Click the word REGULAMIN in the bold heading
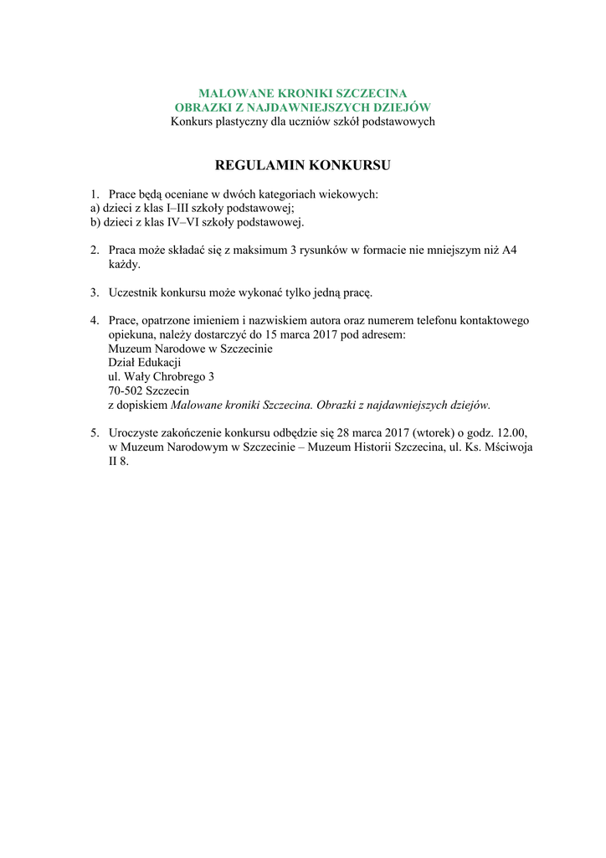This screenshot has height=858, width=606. [x=259, y=165]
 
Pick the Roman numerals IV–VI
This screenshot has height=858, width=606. [x=172, y=223]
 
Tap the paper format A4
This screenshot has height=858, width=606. [x=509, y=250]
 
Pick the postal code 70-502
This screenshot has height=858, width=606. [x=126, y=390]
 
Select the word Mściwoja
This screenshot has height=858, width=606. [x=507, y=447]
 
